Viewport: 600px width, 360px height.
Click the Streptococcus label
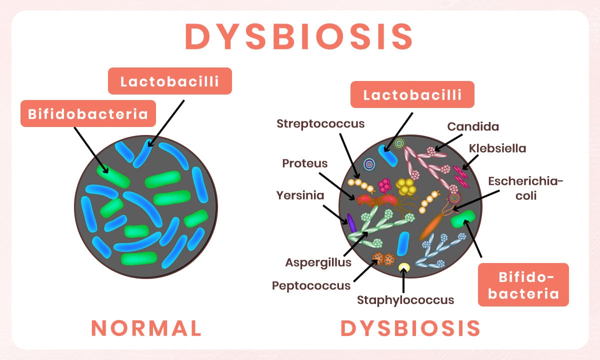click(x=320, y=124)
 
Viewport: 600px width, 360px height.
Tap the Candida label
click(x=473, y=126)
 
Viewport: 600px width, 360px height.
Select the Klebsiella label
click(x=497, y=148)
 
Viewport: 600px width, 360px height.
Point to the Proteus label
click(x=305, y=163)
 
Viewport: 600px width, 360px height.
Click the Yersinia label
click(x=300, y=195)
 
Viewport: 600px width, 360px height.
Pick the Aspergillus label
click(x=318, y=263)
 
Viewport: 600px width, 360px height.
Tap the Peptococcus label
click(x=311, y=286)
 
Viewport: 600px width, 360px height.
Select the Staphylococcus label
click(x=405, y=300)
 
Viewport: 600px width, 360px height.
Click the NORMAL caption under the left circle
click(x=146, y=328)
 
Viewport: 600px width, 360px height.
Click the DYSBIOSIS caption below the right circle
click(x=410, y=328)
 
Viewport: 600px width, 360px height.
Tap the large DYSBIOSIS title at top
click(x=298, y=36)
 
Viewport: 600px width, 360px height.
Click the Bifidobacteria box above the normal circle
click(x=88, y=113)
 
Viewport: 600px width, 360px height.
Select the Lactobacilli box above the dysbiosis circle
click(x=412, y=94)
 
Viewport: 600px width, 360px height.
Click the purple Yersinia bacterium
click(x=351, y=223)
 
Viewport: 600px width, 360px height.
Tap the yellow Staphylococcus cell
click(x=404, y=267)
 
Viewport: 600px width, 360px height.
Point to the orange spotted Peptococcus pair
click(x=383, y=259)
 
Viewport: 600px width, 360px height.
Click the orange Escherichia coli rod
click(x=431, y=226)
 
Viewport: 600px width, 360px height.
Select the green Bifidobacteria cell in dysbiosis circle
click(x=463, y=219)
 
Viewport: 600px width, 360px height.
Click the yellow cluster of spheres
click(x=406, y=186)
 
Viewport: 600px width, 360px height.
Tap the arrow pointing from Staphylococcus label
click(x=403, y=280)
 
